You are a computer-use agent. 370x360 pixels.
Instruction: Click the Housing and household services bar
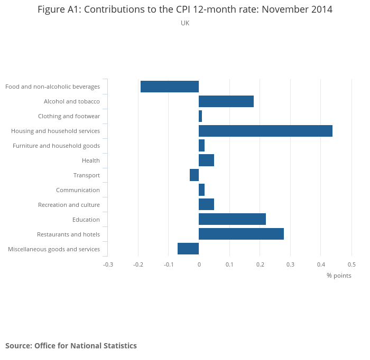(x=265, y=131)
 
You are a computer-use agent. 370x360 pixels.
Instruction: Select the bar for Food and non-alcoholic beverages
(x=170, y=87)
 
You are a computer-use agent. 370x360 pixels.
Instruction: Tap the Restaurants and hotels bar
(x=241, y=234)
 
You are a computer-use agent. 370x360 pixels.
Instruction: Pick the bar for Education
(x=232, y=219)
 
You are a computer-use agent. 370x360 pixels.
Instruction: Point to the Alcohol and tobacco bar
(x=226, y=101)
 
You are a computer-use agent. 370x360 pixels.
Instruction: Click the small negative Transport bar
(x=194, y=175)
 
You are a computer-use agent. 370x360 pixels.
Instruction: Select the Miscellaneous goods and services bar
(x=188, y=249)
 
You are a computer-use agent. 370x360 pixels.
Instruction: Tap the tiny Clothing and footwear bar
(x=200, y=116)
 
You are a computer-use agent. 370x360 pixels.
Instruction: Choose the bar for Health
(x=206, y=160)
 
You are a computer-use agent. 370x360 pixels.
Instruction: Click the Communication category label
(x=78, y=190)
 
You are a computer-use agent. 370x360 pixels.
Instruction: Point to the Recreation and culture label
(x=69, y=205)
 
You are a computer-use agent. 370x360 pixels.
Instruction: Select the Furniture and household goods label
(x=56, y=146)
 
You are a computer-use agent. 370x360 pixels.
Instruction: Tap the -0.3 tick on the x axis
(x=108, y=264)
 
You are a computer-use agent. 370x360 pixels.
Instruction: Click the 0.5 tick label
(x=351, y=264)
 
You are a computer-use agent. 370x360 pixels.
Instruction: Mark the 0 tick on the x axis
(x=199, y=264)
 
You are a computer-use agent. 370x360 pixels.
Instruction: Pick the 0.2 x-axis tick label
(x=260, y=264)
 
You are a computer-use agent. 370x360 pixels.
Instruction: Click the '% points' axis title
(x=339, y=276)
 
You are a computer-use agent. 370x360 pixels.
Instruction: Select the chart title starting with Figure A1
(x=185, y=10)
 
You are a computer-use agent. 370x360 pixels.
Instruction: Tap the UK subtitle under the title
(x=185, y=23)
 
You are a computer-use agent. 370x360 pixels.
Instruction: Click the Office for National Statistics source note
(x=71, y=346)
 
